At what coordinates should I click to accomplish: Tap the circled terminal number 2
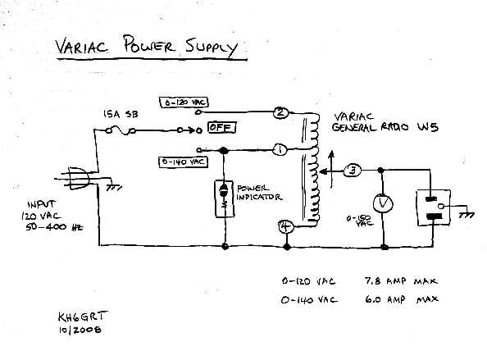(x=280, y=113)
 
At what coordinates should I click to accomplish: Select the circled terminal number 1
(x=279, y=149)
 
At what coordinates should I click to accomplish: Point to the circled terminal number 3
(x=352, y=171)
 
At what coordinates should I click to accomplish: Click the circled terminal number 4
(x=285, y=227)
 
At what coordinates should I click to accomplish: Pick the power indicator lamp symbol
(x=224, y=197)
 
